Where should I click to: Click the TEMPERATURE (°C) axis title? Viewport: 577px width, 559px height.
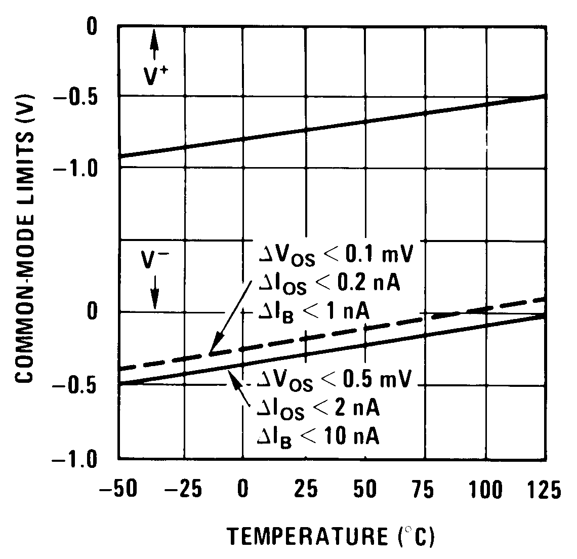pyautogui.click(x=331, y=536)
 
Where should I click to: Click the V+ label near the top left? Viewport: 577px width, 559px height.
pyautogui.click(x=155, y=76)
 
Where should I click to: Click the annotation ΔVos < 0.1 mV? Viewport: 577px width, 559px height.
pyautogui.click(x=334, y=256)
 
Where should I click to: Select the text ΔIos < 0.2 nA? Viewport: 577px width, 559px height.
pyautogui.click(x=328, y=285)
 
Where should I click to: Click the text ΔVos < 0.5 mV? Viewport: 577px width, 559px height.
pyautogui.click(x=334, y=380)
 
